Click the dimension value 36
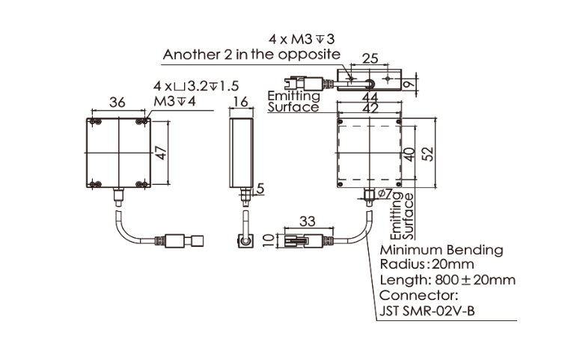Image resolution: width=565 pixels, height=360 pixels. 117,103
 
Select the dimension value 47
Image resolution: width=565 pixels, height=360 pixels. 159,153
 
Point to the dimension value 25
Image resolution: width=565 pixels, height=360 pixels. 370,58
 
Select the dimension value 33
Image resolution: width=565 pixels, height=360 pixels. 307,221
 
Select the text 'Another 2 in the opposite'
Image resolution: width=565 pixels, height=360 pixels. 251,54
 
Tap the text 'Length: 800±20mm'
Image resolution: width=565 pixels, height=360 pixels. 448,281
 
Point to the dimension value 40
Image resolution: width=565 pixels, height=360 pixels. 409,153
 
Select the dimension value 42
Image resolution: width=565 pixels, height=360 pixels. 368,108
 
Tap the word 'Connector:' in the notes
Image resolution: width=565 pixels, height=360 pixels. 414,296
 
